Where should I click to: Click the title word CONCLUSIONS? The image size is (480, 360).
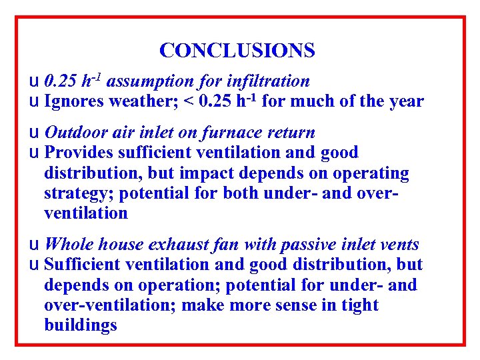tap(237, 50)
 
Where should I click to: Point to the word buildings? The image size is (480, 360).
tap(81, 325)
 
